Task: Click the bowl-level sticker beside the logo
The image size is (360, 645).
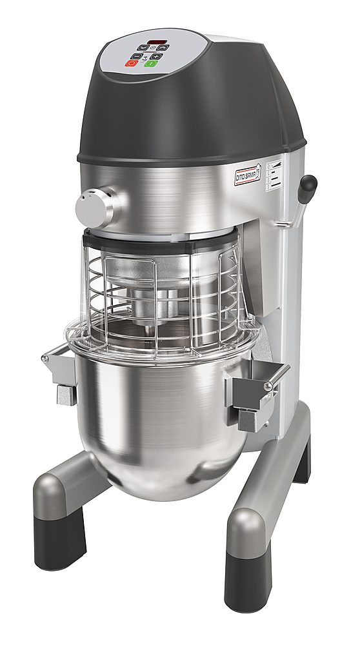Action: point(274,173)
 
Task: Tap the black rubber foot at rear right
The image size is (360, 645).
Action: point(301,462)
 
